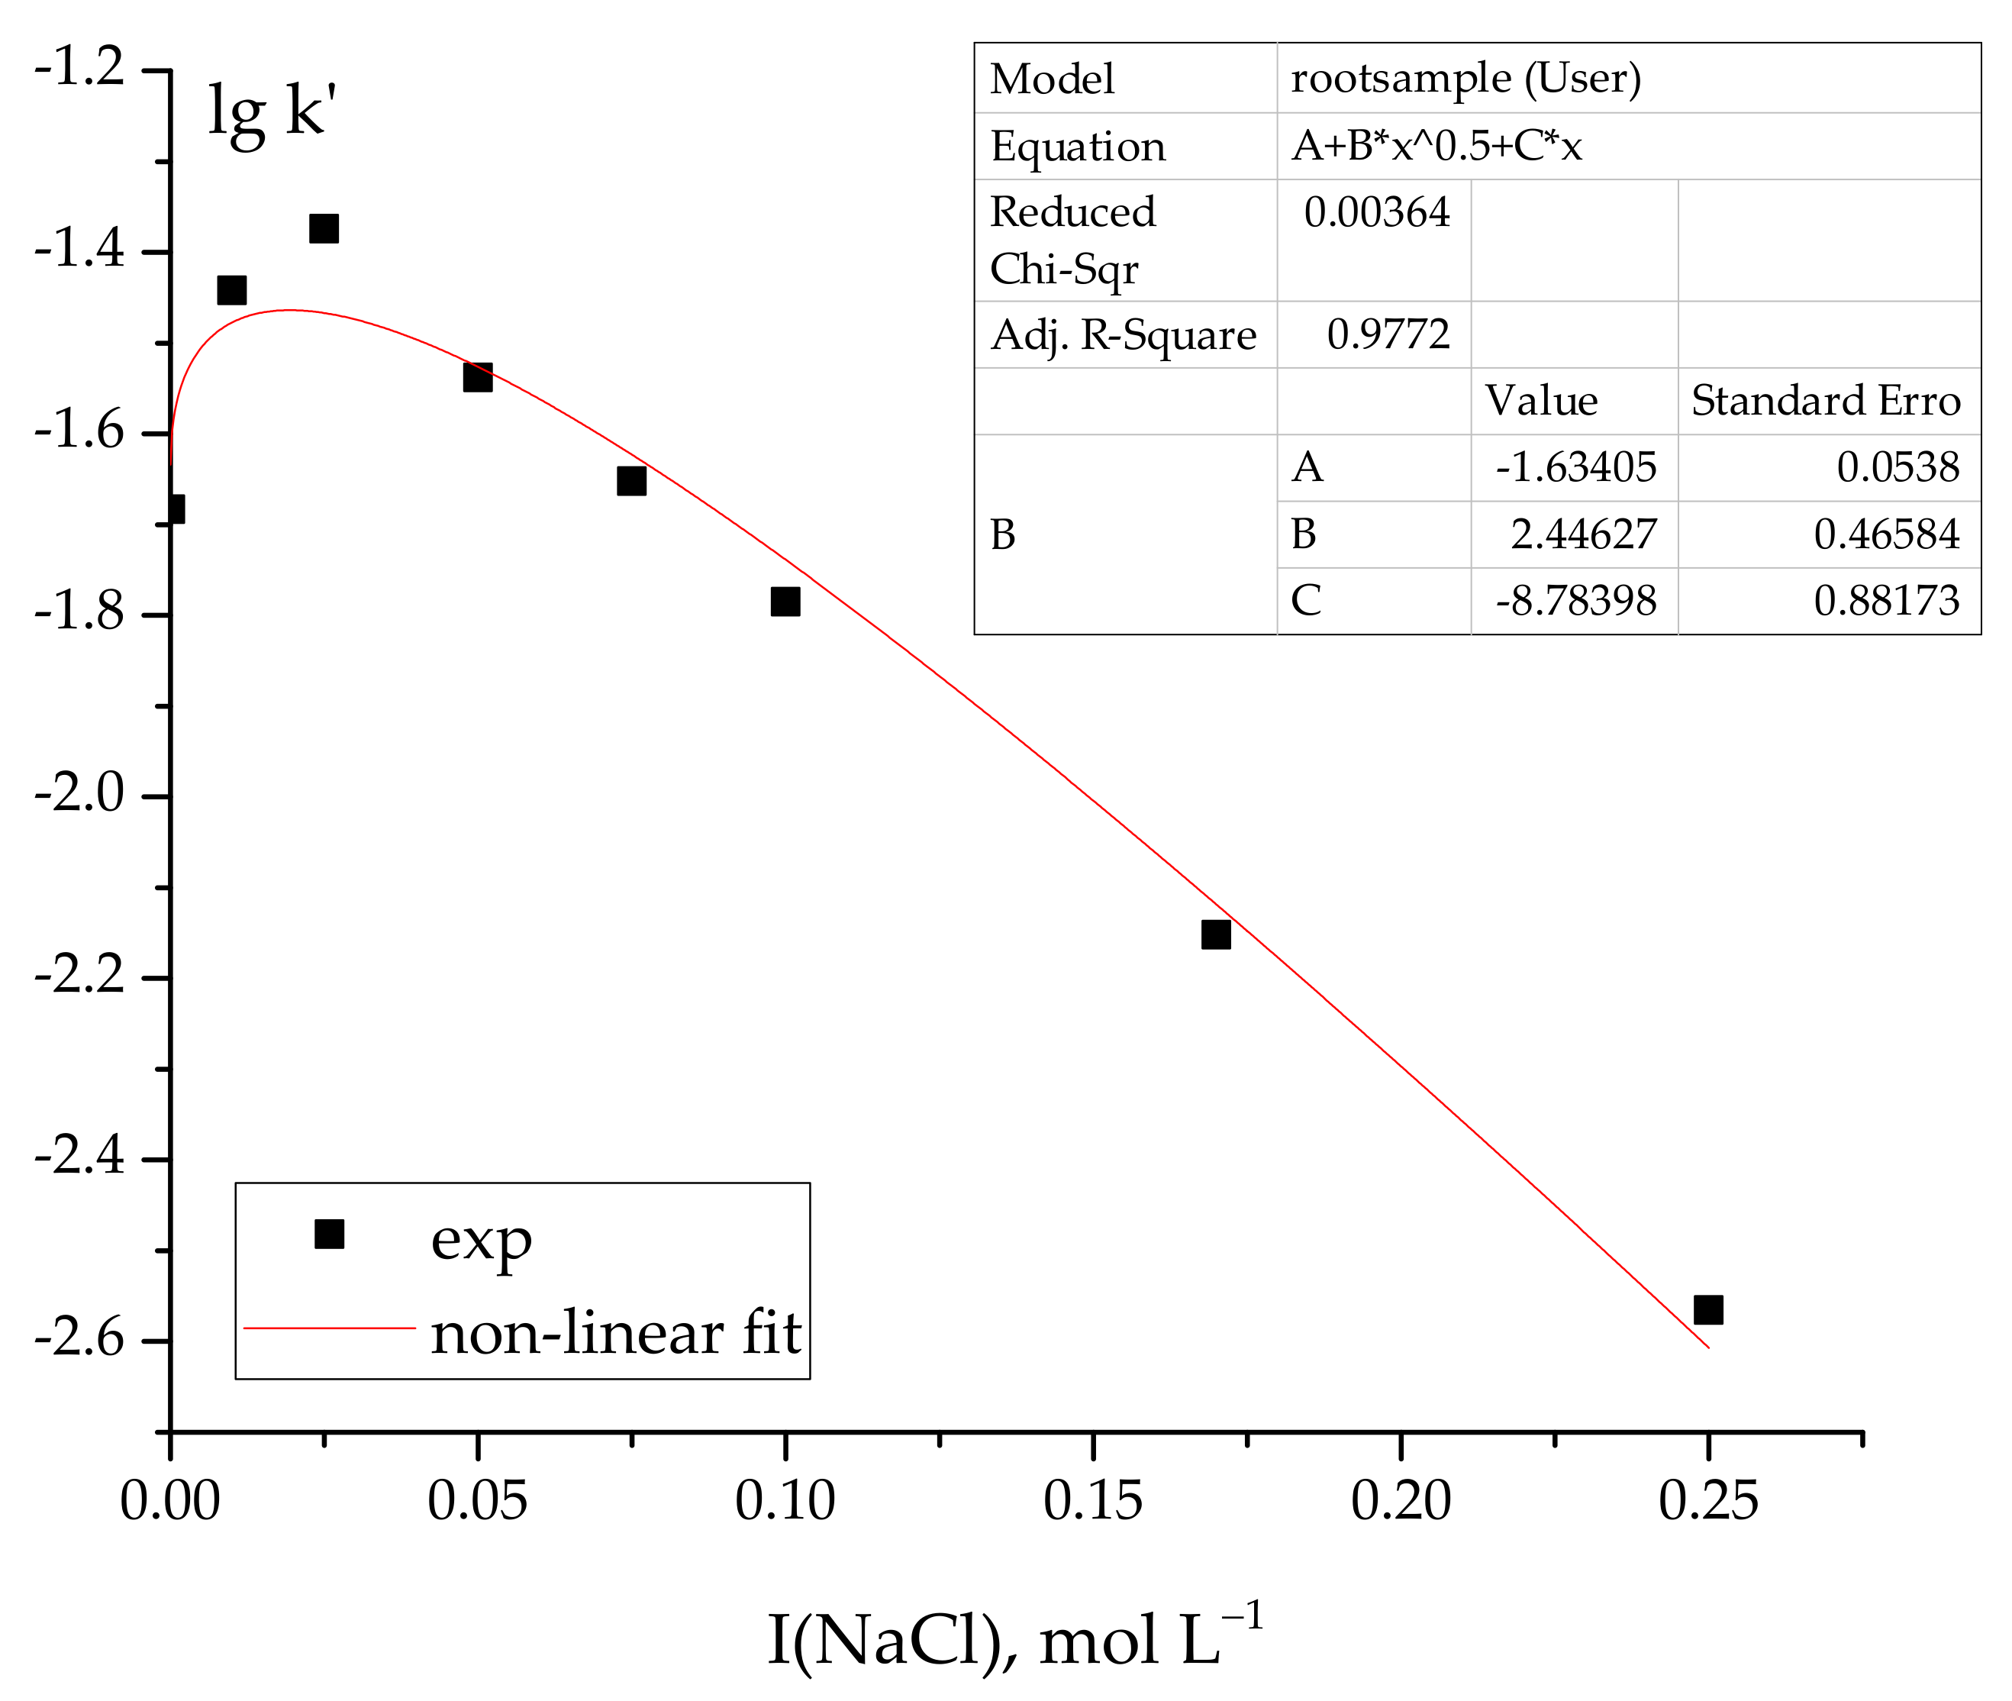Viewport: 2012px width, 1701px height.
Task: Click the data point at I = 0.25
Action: [1707, 1309]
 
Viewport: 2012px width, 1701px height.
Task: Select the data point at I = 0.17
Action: [1216, 934]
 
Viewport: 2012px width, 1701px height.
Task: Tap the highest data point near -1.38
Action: [324, 228]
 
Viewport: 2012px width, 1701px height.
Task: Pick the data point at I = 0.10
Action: [785, 602]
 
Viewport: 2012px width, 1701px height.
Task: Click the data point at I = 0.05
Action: [477, 377]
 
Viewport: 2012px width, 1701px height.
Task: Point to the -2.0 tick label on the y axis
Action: [79, 795]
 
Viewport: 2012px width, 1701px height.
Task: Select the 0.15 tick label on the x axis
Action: [1092, 1502]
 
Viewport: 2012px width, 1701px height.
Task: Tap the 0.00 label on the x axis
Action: [169, 1502]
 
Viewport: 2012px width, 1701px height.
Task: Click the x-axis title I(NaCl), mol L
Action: [1012, 1639]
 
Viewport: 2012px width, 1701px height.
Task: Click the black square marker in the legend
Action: [330, 1235]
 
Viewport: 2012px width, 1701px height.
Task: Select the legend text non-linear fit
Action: [615, 1334]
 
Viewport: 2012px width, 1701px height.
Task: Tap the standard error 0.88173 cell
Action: [1886, 601]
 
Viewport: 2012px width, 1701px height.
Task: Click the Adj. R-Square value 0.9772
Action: [1388, 334]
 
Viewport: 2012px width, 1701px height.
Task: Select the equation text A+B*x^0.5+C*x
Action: [1436, 146]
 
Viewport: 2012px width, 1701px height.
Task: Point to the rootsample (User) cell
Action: [1465, 78]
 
